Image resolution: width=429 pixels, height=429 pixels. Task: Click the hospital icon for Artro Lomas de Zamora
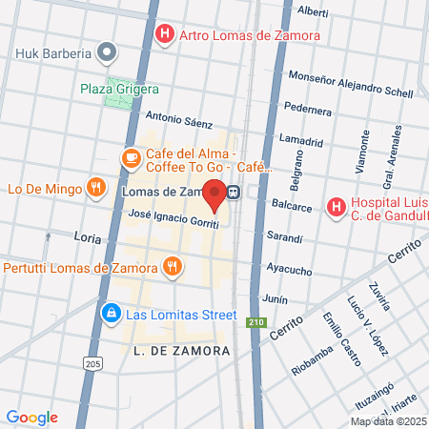[x=165, y=36]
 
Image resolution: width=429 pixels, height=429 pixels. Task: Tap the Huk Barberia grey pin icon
[x=108, y=52]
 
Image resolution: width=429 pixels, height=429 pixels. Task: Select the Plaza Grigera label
[x=119, y=89]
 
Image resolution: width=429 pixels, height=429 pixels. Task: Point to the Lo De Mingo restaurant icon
[x=94, y=188]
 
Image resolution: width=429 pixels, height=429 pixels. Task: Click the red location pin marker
[x=215, y=194]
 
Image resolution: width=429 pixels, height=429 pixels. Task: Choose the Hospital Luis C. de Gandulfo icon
[x=335, y=206]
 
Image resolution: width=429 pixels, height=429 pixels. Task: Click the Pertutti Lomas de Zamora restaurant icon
[x=172, y=266]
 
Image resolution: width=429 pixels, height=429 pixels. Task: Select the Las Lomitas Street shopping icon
[x=112, y=312]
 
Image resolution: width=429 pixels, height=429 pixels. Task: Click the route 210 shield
[x=255, y=321]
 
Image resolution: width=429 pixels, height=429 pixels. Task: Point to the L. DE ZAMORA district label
[x=182, y=351]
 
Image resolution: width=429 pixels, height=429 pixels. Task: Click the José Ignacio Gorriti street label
[x=174, y=218]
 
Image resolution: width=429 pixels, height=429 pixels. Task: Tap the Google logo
[x=31, y=418]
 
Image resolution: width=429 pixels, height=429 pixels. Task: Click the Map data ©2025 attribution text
[x=388, y=421]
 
